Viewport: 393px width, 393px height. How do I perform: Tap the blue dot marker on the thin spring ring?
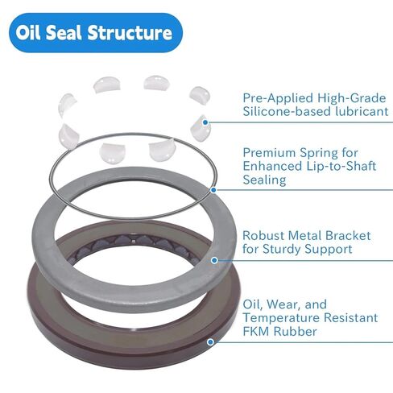(x=213, y=190)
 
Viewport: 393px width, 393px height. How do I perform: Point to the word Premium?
(x=271, y=151)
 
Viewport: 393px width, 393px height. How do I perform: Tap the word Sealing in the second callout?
(x=265, y=180)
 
